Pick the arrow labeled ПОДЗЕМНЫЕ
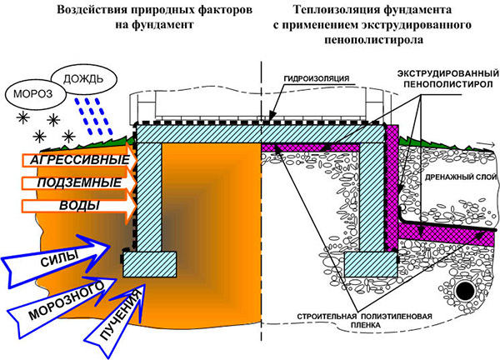[x=72, y=182]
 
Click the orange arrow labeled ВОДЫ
[x=72, y=204]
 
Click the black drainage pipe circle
[x=464, y=291]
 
